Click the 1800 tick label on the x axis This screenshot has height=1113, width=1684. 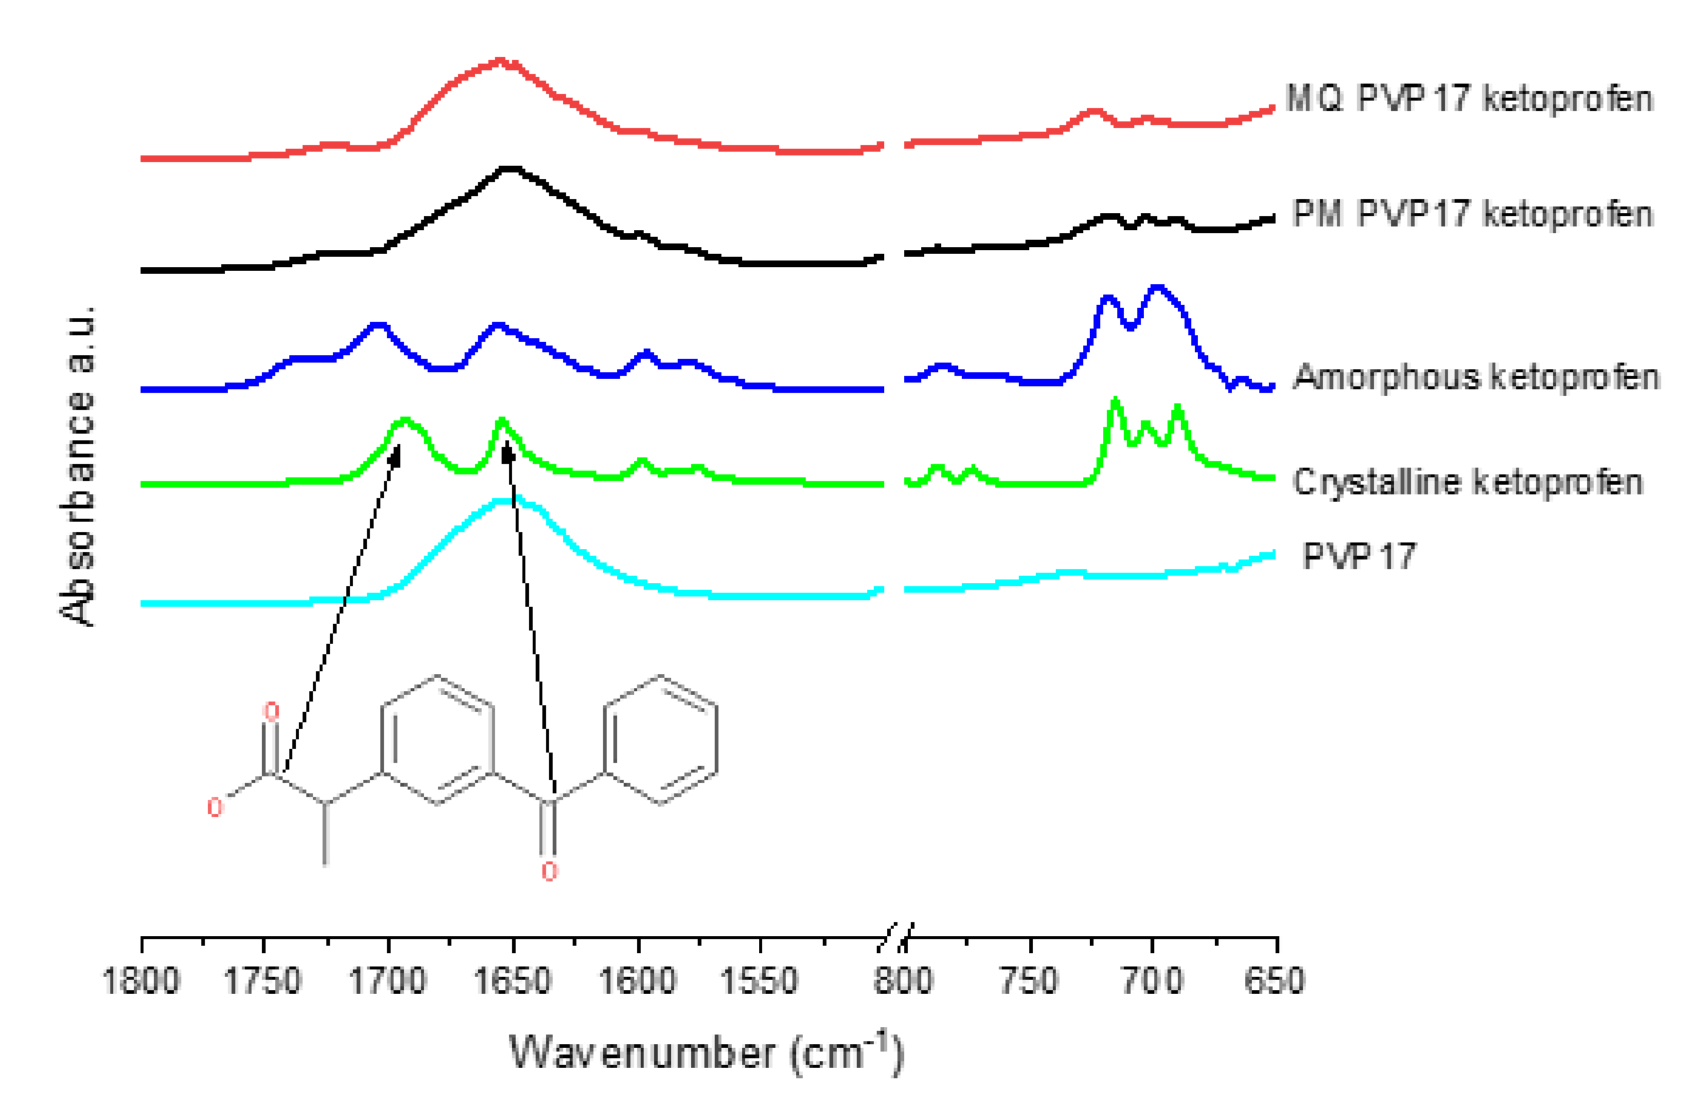[x=141, y=981]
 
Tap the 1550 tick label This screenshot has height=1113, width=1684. [x=760, y=981]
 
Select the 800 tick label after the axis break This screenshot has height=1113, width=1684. [x=903, y=981]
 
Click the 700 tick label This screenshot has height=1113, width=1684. [x=1152, y=981]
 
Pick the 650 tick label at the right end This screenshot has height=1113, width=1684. [x=1274, y=981]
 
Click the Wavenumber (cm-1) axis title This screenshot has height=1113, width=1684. [x=707, y=1052]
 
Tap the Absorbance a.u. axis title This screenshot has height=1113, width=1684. [x=78, y=466]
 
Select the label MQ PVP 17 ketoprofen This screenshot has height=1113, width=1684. [x=1469, y=98]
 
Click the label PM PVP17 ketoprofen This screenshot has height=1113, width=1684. [x=1472, y=215]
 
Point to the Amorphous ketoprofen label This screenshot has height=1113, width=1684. [x=1476, y=377]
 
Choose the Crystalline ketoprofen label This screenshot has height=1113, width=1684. [x=1468, y=482]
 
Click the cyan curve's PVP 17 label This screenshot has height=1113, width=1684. [x=1359, y=556]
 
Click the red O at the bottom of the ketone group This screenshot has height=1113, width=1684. [x=549, y=871]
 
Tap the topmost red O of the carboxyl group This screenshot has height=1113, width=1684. [x=272, y=712]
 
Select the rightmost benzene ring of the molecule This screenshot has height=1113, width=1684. [x=661, y=739]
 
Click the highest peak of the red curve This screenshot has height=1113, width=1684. [x=500, y=61]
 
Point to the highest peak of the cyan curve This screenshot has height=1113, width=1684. [x=506, y=501]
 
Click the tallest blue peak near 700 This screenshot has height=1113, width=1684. [x=1157, y=287]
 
